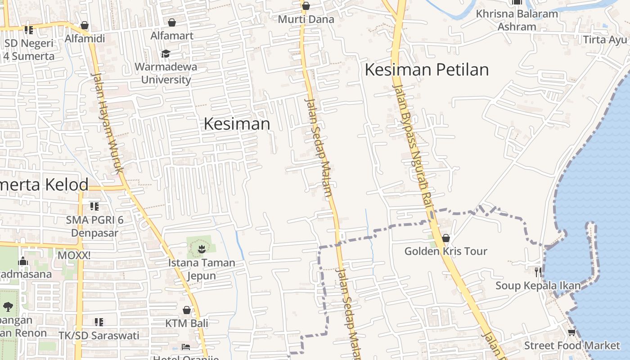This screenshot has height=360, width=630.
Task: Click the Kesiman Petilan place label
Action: (426, 70)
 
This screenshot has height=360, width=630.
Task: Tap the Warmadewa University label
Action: (166, 73)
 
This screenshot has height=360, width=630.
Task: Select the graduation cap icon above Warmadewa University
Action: (166, 54)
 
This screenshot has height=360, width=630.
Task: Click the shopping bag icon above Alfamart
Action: (172, 22)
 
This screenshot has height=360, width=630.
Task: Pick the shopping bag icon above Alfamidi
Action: (84, 25)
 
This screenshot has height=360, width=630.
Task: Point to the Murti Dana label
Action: (306, 19)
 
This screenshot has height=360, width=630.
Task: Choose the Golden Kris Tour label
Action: (445, 251)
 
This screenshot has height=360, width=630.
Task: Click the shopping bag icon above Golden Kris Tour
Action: (446, 238)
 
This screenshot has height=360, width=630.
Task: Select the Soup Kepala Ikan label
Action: (538, 286)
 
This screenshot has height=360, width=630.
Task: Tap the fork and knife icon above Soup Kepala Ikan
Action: (538, 272)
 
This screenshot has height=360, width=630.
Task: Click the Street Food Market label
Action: (571, 346)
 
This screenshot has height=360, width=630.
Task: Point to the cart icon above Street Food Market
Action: (571, 333)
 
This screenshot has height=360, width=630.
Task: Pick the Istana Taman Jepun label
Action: (201, 269)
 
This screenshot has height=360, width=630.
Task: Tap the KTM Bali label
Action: (186, 323)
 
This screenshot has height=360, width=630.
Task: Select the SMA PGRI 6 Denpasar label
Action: (95, 226)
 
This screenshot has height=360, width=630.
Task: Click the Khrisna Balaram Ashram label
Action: (517, 20)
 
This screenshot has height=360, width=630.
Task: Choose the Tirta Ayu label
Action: (605, 40)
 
